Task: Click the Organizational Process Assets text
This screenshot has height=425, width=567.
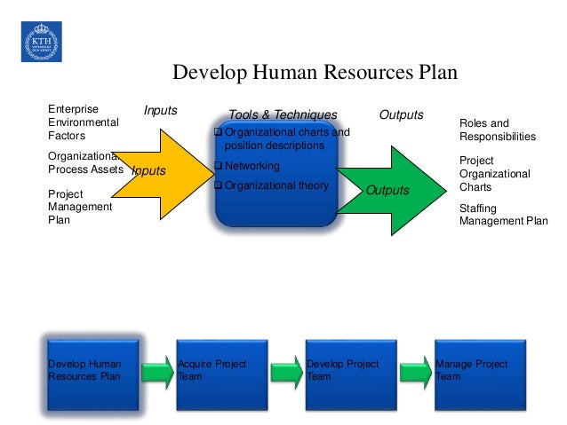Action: click(x=84, y=162)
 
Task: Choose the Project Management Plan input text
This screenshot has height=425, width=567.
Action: click(x=79, y=207)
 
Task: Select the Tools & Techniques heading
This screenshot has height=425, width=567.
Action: click(x=283, y=114)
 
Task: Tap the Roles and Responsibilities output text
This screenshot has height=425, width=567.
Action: click(x=497, y=130)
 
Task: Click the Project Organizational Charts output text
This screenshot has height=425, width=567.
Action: click(x=494, y=174)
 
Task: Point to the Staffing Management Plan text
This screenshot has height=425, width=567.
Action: click(x=503, y=215)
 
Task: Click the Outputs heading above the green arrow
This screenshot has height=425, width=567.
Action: click(x=402, y=114)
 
